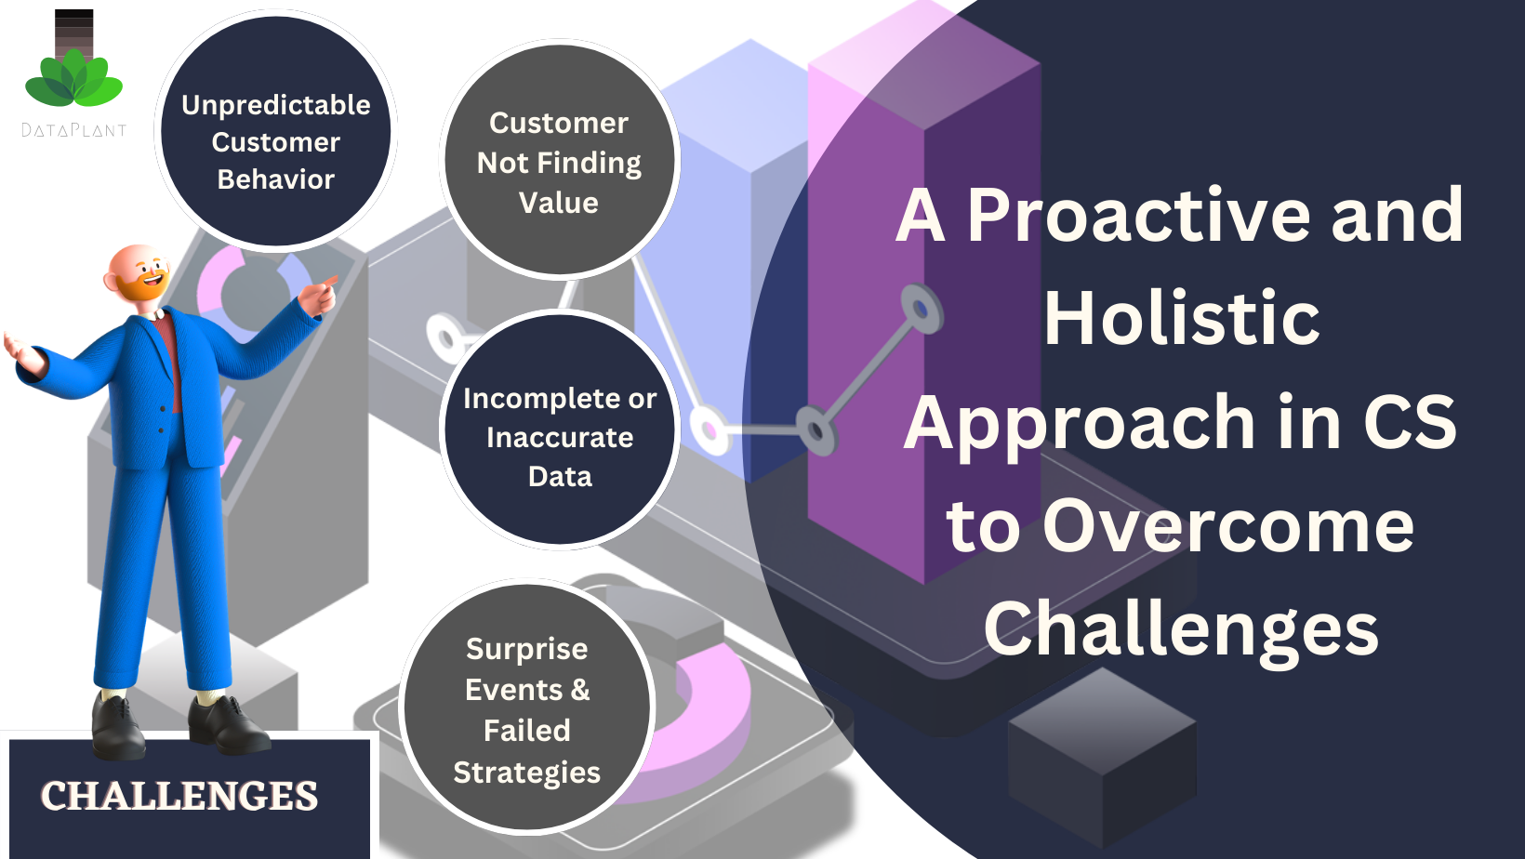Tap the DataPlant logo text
click(x=73, y=130)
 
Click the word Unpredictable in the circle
click(x=276, y=106)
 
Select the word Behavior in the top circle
click(x=276, y=179)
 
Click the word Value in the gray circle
click(x=558, y=203)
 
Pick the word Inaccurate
click(x=560, y=438)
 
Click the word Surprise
click(x=527, y=650)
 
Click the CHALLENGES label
click(x=179, y=796)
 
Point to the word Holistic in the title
click(x=1182, y=318)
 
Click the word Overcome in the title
click(x=1228, y=526)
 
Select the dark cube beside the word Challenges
click(x=1102, y=757)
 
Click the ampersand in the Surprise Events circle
click(x=580, y=690)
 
